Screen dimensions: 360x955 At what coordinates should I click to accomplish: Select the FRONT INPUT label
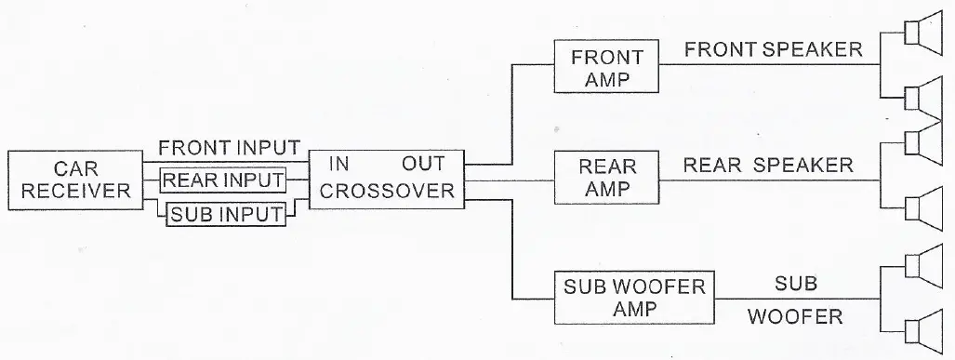click(x=229, y=148)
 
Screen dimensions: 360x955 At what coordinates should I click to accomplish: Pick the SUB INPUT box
click(x=224, y=215)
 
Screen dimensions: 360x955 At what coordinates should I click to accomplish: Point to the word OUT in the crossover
click(x=424, y=164)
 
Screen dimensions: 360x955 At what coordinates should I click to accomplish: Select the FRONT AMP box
click(x=606, y=66)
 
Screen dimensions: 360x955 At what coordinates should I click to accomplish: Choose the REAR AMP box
click(x=607, y=177)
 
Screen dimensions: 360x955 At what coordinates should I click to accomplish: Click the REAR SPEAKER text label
click(x=768, y=165)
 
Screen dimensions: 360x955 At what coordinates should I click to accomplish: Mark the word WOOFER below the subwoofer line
click(x=795, y=316)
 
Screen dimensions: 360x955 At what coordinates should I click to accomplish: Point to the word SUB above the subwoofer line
click(x=795, y=280)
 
